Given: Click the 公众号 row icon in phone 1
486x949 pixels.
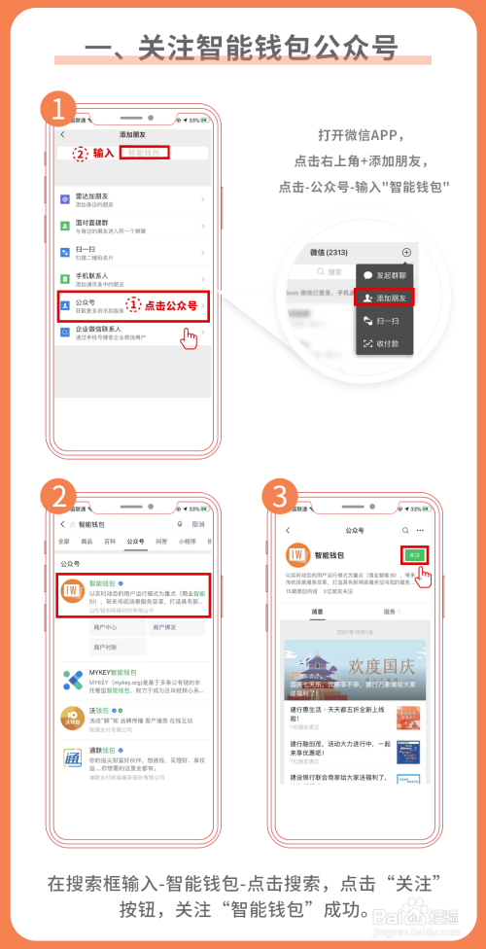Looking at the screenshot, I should coord(64,304).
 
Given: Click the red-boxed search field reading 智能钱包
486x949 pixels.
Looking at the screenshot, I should coord(145,153).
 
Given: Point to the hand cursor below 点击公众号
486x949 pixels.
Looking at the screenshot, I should coord(190,336).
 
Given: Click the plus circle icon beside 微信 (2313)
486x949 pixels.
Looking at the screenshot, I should coord(405,252).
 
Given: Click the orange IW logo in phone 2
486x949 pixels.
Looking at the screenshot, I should coord(71,590).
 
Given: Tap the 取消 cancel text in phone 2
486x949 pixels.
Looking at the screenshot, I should coord(198,524).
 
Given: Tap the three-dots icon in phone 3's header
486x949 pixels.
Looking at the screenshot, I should coord(420,531).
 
